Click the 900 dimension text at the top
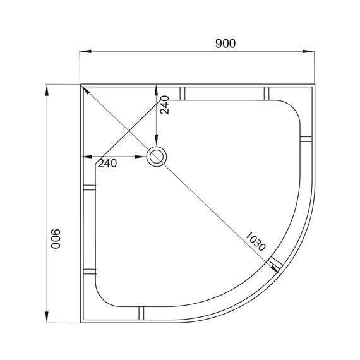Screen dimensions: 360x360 pos(225,44)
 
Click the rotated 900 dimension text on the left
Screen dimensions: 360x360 pos(55,238)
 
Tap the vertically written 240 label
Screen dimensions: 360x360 pos(164,104)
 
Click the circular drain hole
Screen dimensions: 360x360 pos(155,157)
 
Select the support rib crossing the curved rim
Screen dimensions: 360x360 pos(274,262)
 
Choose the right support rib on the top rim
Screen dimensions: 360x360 pos(266,93)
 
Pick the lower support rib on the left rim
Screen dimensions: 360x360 pos(89,271)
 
